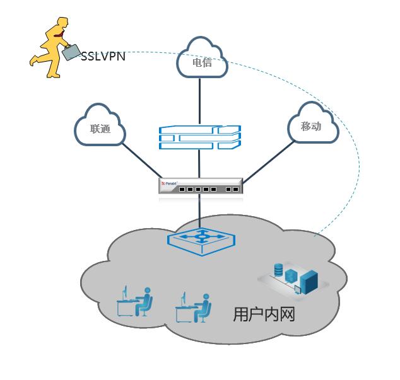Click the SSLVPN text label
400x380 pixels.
(x=103, y=56)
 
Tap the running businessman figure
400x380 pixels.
(x=50, y=47)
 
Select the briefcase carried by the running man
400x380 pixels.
(x=71, y=52)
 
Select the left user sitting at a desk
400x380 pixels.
(x=135, y=302)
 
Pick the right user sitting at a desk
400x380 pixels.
(x=193, y=306)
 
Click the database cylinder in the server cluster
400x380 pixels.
(x=278, y=270)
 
